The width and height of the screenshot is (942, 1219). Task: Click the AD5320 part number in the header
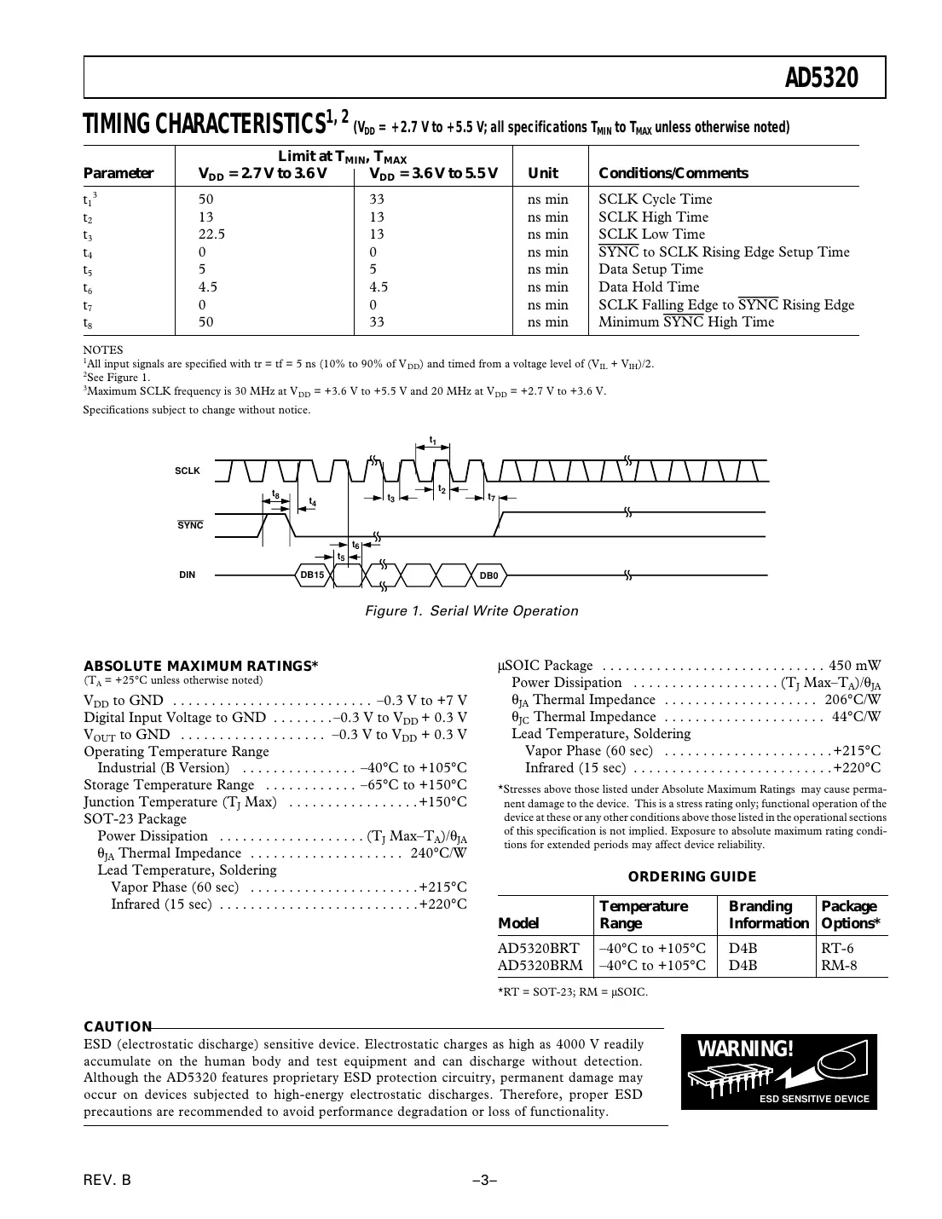click(x=820, y=78)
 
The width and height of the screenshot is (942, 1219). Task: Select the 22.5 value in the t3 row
click(x=211, y=234)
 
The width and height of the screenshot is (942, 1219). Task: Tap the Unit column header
click(x=543, y=173)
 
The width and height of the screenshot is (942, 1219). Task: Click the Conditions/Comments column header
click(x=673, y=173)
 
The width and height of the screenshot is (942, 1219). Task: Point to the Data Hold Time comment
click(x=648, y=287)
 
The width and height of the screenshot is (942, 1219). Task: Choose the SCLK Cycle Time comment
click(x=655, y=199)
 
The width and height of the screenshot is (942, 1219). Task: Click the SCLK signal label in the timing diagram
click(x=188, y=471)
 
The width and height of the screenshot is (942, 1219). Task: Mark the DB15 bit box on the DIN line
click(x=313, y=575)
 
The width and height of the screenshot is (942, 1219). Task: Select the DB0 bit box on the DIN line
click(x=488, y=575)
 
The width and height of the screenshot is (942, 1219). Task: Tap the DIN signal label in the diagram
click(x=187, y=575)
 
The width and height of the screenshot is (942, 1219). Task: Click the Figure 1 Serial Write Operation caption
click(x=471, y=611)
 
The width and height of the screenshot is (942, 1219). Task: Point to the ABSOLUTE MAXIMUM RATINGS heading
click(x=201, y=666)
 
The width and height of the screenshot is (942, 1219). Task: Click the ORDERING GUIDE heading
click(x=691, y=876)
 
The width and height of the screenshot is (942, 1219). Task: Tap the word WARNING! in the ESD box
click(x=745, y=1049)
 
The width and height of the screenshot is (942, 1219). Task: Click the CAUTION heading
click(x=118, y=1027)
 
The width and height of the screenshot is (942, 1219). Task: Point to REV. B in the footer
click(x=108, y=1181)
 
